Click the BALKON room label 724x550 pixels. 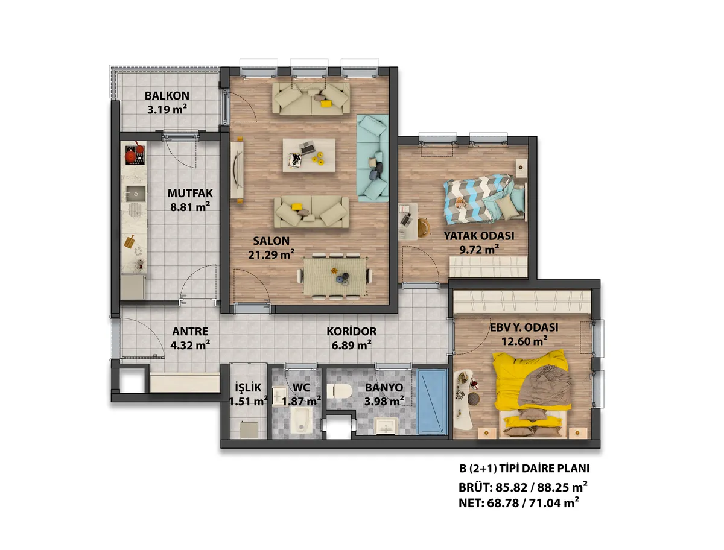(x=167, y=95)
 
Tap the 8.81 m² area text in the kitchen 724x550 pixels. (x=190, y=207)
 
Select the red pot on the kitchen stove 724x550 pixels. (x=130, y=154)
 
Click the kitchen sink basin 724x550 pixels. (x=135, y=194)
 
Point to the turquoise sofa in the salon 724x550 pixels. (x=372, y=158)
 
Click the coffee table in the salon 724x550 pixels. (x=309, y=155)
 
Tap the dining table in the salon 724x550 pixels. (x=334, y=276)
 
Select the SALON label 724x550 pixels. (x=271, y=241)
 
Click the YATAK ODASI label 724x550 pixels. (x=479, y=236)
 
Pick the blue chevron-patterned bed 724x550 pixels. (x=484, y=199)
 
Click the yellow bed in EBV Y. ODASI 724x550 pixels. (x=531, y=394)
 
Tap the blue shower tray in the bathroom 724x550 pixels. (x=431, y=402)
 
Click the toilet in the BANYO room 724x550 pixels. (x=340, y=391)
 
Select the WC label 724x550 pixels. (x=301, y=388)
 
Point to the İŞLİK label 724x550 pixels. (x=248, y=387)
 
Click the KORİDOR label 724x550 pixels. (x=351, y=331)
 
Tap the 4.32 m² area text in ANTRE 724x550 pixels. (x=190, y=345)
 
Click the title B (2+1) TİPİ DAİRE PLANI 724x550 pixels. (x=524, y=468)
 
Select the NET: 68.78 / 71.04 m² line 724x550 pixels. (x=519, y=502)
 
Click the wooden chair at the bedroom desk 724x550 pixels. (x=424, y=227)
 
